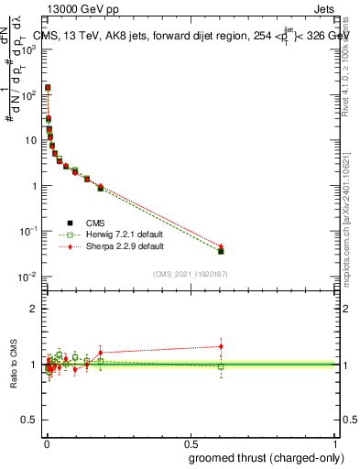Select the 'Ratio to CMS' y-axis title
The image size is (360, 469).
(11, 365)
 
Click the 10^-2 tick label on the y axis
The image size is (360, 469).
(27, 277)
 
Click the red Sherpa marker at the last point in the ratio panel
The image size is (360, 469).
(221, 346)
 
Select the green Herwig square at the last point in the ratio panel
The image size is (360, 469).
(221, 366)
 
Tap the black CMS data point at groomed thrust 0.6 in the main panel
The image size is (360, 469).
(221, 250)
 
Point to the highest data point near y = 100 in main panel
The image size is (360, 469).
(48, 88)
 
